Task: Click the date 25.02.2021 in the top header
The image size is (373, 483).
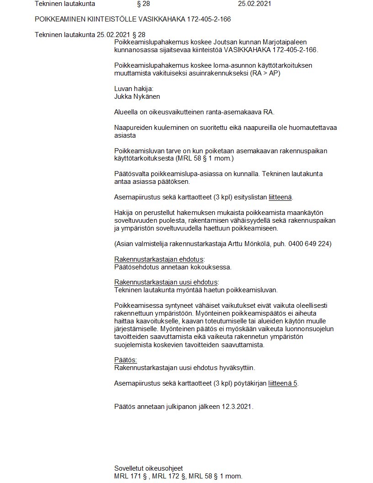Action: coord(255,4)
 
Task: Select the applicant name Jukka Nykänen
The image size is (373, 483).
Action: coord(137,97)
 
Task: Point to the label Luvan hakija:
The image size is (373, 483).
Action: coord(134,89)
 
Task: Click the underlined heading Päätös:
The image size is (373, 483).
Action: coord(126,360)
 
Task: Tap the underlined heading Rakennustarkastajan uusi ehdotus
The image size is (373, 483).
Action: coord(166,282)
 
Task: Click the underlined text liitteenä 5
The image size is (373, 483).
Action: coord(283,383)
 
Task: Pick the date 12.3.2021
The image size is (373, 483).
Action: coord(237,406)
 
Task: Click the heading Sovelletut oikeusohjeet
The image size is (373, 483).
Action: coord(149,468)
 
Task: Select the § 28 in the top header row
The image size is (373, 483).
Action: coord(143,4)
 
